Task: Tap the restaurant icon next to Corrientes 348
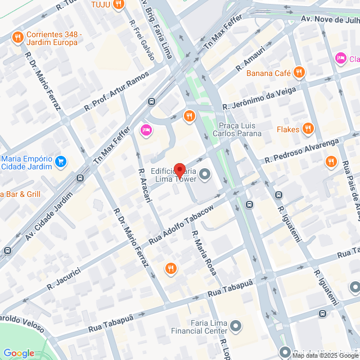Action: (x=17, y=38)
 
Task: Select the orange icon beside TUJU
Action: (x=118, y=4)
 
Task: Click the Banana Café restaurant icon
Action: (x=299, y=72)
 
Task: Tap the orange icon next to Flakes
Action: (x=307, y=129)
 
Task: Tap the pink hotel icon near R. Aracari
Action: (x=145, y=130)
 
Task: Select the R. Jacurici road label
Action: (x=66, y=278)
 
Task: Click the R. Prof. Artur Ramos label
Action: (x=117, y=91)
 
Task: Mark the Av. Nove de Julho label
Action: (x=330, y=19)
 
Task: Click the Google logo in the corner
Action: (x=19, y=353)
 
